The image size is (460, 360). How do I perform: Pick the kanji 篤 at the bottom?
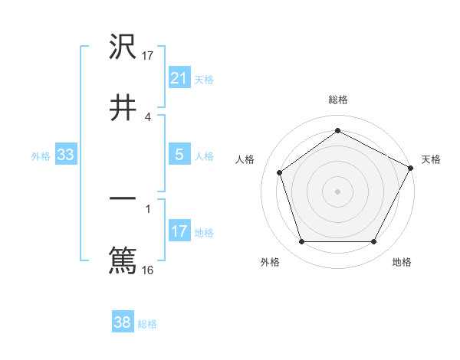tap(123, 260)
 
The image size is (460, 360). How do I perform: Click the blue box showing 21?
tap(179, 77)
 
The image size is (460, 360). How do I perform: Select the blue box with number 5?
tap(179, 155)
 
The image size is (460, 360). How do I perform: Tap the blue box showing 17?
tap(179, 231)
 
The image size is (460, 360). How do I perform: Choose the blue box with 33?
tap(65, 155)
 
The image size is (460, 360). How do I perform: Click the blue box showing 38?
tap(123, 323)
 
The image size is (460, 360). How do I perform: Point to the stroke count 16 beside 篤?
tap(147, 270)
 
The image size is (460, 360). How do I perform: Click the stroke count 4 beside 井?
tap(147, 116)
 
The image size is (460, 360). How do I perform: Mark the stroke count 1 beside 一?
tap(147, 208)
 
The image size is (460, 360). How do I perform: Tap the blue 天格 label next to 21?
tap(204, 79)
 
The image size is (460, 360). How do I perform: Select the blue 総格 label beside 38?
tap(147, 324)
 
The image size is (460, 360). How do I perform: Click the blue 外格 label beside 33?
tap(41, 155)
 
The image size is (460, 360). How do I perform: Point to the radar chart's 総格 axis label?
tap(337, 100)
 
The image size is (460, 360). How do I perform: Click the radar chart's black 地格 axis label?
tap(402, 262)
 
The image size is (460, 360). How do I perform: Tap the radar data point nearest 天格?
tap(412, 167)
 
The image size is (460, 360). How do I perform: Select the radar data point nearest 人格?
tap(280, 172)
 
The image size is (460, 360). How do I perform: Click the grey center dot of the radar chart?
tap(337, 191)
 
